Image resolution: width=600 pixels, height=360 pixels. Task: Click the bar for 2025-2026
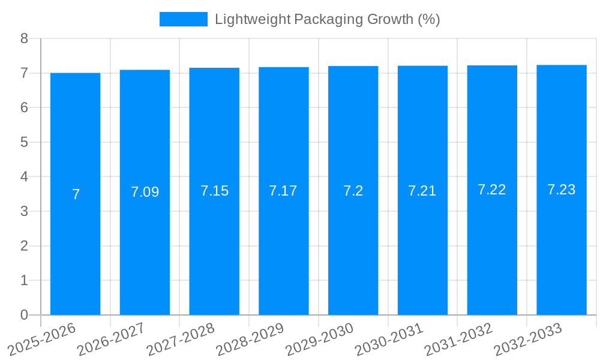75,194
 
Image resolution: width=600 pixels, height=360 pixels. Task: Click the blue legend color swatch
183,19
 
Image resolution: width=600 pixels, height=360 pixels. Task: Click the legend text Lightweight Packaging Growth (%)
327,19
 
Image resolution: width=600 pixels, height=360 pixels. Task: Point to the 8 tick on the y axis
24,38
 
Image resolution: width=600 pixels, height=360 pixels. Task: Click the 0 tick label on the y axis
24,315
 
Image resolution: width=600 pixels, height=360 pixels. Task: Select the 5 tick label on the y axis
24,142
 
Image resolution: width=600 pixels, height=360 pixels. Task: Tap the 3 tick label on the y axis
24,211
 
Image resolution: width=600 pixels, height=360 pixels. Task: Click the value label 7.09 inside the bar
145,192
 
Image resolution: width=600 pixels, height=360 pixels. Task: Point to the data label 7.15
214,191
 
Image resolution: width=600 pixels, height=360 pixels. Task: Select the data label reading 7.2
353,191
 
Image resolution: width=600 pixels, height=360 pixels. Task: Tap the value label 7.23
562,190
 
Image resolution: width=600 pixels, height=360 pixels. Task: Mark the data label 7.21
422,191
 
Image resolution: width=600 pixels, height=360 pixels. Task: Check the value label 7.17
283,191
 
